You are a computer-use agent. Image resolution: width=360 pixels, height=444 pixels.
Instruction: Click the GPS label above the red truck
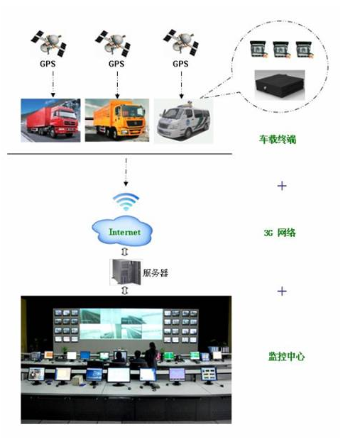(x=48, y=64)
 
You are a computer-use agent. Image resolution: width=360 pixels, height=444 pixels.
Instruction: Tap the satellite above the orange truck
(x=113, y=44)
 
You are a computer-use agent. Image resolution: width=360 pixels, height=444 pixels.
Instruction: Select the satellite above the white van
(x=181, y=42)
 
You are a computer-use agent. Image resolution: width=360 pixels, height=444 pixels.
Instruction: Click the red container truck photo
(x=50, y=120)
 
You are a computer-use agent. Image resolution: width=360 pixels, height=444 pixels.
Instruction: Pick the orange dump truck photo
(x=117, y=120)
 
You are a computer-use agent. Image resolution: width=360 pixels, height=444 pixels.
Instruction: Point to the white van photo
(x=183, y=121)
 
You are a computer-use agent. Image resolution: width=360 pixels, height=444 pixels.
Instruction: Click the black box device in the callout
(x=280, y=85)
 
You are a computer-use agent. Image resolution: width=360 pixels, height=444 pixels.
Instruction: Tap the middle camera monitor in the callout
(x=281, y=49)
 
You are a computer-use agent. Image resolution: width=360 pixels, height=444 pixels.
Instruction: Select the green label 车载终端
(x=278, y=139)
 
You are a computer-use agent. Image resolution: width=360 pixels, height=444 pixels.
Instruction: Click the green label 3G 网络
(x=280, y=233)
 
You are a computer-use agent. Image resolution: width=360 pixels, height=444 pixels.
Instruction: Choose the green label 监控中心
(x=287, y=356)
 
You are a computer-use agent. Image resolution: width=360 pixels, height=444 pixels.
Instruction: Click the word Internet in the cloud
(x=125, y=232)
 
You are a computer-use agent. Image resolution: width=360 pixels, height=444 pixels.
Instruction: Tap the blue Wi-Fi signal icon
(x=126, y=201)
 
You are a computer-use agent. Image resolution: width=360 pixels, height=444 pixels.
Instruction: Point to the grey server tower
(x=125, y=272)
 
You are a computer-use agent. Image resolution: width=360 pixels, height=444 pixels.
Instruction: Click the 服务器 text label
(x=156, y=272)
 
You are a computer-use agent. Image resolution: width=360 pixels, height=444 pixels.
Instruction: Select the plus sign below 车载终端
(x=282, y=186)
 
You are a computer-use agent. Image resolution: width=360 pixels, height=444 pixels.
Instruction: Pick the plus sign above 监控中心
(x=282, y=291)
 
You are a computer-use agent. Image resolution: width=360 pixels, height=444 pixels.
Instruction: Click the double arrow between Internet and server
(x=125, y=252)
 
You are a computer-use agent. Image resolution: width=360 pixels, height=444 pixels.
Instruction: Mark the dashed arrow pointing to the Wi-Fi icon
(x=126, y=172)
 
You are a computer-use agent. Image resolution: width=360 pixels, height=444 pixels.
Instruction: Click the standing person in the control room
(x=152, y=355)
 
